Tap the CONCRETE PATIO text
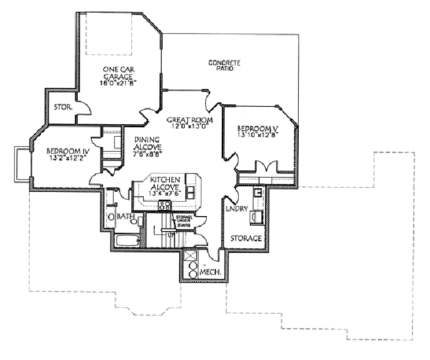point(224,65)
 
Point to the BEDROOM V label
point(257,129)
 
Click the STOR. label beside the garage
point(61,108)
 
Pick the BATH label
point(127,217)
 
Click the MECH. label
point(209,273)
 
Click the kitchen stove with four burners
point(164,206)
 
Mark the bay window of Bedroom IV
point(21,163)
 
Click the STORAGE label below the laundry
point(244,237)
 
